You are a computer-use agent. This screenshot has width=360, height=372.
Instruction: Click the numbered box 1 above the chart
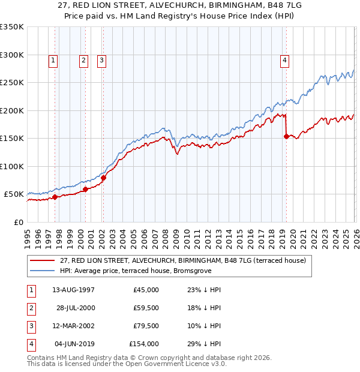[x=53, y=60]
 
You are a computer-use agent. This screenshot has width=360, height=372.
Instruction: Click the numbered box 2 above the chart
[x=83, y=60]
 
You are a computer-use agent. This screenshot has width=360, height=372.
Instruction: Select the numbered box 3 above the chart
[x=101, y=60]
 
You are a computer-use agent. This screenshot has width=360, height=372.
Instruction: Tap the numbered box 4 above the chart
[x=284, y=60]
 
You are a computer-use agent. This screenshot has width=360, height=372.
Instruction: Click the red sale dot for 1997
[x=55, y=197]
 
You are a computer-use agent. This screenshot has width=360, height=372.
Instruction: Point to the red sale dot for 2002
[x=103, y=178]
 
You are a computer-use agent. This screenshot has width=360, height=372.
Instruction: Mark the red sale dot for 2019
[x=286, y=136]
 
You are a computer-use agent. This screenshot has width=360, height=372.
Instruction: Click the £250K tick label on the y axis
[x=12, y=83]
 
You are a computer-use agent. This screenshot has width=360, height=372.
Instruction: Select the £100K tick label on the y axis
[x=12, y=166]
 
